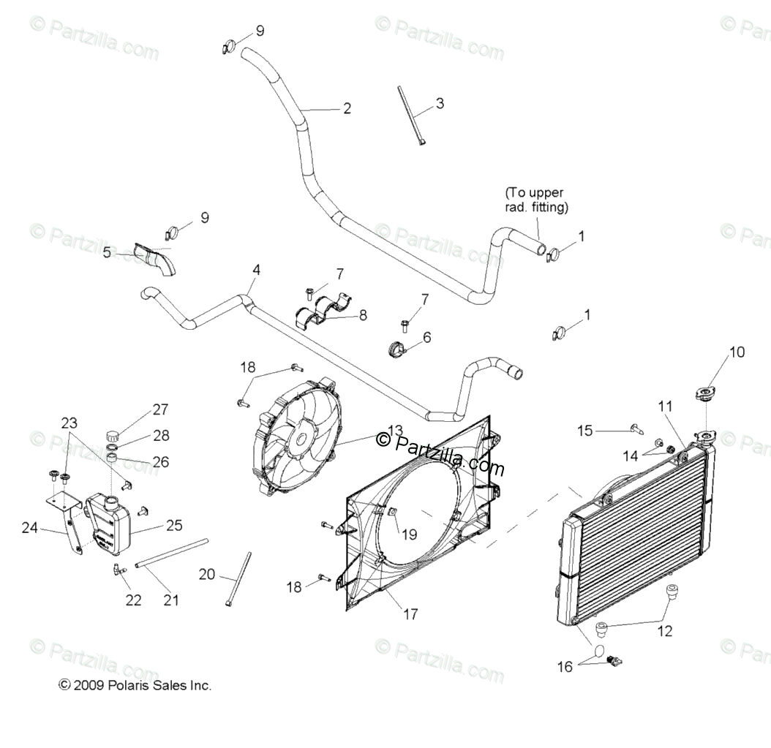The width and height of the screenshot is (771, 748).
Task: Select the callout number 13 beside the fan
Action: click(395, 430)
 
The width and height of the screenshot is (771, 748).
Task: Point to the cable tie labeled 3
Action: click(411, 116)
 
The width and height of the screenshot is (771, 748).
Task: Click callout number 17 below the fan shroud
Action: click(410, 614)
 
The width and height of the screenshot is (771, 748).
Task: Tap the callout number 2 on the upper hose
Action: click(347, 109)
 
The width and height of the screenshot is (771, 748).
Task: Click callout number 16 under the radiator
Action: click(565, 666)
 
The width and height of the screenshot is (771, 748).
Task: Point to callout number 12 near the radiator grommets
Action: click(664, 631)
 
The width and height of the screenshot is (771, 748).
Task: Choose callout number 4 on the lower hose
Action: click(256, 271)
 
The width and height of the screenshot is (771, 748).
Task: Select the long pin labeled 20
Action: click(238, 579)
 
